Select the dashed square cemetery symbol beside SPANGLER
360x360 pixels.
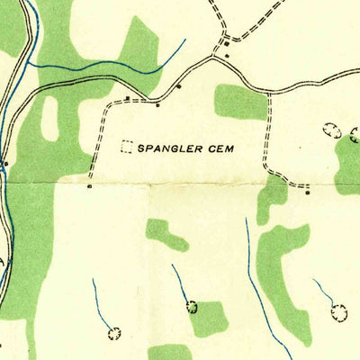127,145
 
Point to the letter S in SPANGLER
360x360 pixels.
141,145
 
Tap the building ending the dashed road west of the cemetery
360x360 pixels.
90,187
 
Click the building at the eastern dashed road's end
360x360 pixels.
307,191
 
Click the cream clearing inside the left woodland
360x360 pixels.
49,118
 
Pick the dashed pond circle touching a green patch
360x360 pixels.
192,307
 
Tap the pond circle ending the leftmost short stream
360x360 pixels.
114,334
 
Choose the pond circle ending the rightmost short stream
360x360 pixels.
339,312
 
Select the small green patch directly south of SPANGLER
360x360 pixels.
166,234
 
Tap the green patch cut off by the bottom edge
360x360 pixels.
171,352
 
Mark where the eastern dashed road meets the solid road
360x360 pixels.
268,92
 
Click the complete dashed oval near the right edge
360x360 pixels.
332,130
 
